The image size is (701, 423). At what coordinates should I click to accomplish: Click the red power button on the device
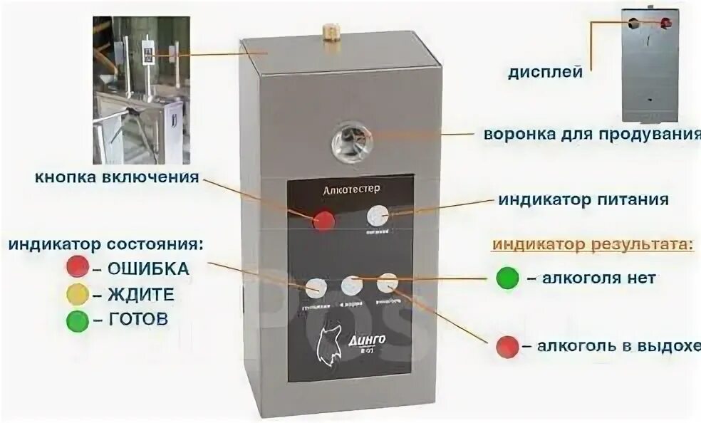[324, 221]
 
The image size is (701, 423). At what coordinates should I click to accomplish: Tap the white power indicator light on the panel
[378, 216]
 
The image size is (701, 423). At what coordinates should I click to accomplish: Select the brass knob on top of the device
[329, 31]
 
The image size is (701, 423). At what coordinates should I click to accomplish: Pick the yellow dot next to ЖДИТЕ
[77, 294]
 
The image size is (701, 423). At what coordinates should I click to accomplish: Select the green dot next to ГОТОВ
[77, 320]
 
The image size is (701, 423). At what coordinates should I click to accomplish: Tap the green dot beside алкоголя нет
[507, 278]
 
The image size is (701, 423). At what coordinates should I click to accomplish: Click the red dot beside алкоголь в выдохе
[507, 346]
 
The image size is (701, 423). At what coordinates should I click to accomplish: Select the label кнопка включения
[116, 177]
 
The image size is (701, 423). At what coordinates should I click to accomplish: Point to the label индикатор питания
[583, 199]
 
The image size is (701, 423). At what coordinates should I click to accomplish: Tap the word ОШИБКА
[150, 269]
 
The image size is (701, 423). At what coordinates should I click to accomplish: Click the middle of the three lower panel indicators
[351, 286]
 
